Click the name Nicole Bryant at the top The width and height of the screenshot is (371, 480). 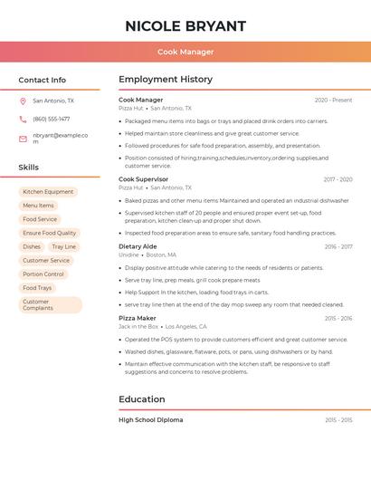pos(185,25)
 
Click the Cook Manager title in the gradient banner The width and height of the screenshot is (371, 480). pos(185,52)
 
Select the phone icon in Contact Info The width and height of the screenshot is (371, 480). pos(23,119)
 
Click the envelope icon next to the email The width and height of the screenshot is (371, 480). pos(23,139)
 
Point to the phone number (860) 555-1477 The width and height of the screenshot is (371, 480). pos(52,119)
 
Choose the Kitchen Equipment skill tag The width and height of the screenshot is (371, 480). pos(48,192)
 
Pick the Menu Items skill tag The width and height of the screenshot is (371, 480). pos(38,206)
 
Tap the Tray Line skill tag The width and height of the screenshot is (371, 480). pos(63,246)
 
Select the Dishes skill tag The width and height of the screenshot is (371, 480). pos(32,246)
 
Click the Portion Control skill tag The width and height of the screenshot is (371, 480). pos(43,274)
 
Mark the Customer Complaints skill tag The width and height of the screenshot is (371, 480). pos(38,305)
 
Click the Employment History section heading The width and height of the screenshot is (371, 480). pos(165,80)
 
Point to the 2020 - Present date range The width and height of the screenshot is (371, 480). pos(333,100)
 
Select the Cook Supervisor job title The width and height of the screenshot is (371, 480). pos(144,179)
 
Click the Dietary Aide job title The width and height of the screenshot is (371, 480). pos(138,246)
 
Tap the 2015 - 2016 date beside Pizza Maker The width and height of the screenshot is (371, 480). pos(338,319)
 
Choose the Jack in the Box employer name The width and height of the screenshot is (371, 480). pos(138,326)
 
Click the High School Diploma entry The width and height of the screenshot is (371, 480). pos(150,420)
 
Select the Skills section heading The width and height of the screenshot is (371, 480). pos(29,168)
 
